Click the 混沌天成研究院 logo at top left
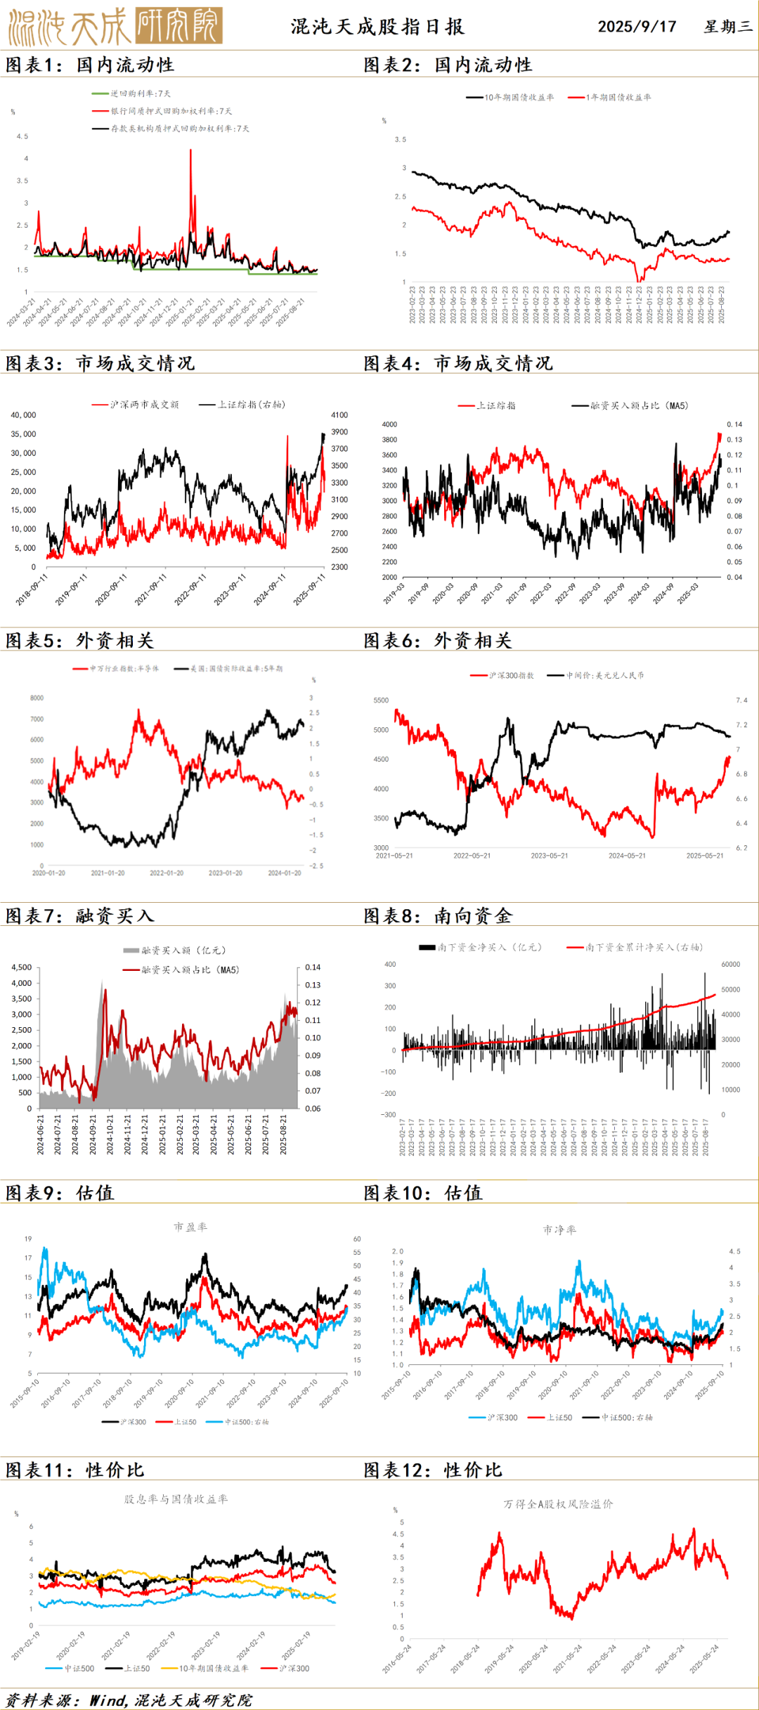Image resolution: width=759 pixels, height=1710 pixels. click(x=115, y=26)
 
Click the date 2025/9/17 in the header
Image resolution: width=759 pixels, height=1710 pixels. click(x=637, y=27)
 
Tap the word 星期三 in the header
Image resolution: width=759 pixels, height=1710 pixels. click(x=727, y=27)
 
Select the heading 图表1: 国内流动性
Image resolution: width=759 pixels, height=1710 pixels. click(x=90, y=65)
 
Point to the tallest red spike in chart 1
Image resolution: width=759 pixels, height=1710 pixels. click(x=190, y=151)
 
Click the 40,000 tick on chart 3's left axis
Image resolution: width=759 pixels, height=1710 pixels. click(x=23, y=415)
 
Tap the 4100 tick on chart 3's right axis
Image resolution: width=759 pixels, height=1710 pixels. click(x=339, y=415)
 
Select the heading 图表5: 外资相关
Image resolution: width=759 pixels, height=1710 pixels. click(x=79, y=641)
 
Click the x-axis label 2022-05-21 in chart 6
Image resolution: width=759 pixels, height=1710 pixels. click(x=472, y=856)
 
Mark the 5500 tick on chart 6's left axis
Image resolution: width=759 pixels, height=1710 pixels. click(x=381, y=700)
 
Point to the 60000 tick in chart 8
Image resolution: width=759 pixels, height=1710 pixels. click(x=730, y=965)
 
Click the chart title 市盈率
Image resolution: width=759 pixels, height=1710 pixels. click(x=190, y=1227)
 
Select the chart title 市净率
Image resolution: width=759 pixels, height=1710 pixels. click(x=559, y=1230)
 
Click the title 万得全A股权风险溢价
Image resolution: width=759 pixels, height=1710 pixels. click(x=558, y=1504)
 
